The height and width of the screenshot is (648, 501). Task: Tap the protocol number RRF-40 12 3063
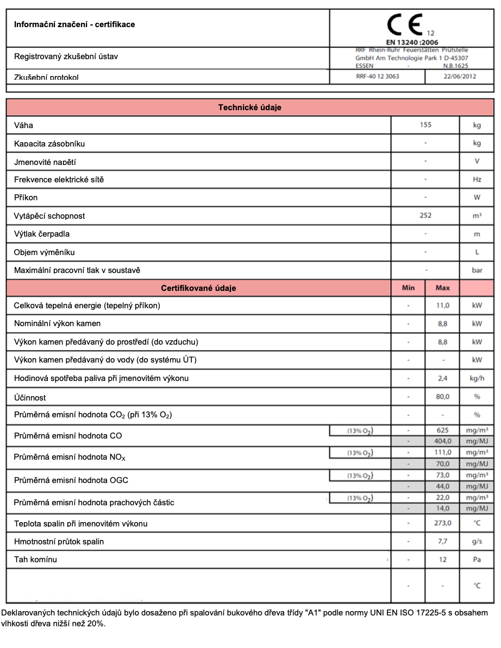coord(377,77)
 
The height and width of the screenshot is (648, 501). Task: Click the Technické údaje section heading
coord(249,107)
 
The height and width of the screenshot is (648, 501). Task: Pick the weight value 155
coord(425,125)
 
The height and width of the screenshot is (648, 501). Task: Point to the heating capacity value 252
coord(425,215)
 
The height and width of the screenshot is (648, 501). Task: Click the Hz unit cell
coord(477,180)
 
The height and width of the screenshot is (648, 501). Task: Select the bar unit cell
coord(477,270)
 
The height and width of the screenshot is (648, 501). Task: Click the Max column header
coord(443,288)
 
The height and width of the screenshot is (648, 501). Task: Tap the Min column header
coord(408,288)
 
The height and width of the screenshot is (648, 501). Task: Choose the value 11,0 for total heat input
coord(443,306)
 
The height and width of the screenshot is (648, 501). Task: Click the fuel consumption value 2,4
coord(443,378)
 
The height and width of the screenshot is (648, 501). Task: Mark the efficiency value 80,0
coord(443,397)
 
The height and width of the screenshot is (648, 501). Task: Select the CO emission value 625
coord(443,430)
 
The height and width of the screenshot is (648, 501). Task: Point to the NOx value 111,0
coord(443,453)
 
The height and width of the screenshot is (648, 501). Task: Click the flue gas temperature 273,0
coord(443,523)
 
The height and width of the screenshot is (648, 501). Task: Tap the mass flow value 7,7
coord(443,541)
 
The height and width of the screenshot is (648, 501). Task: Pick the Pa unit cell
coord(477,559)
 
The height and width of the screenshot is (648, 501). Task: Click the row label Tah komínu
coord(35,560)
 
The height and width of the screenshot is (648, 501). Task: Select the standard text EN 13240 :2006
coord(412,42)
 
